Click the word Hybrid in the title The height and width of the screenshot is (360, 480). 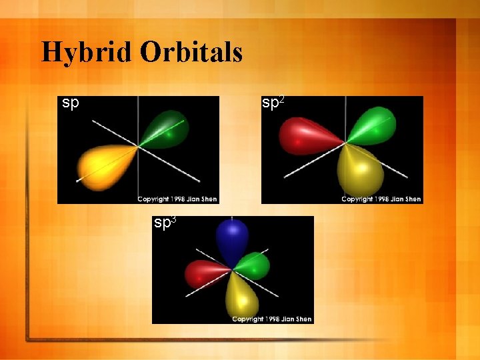(87, 52)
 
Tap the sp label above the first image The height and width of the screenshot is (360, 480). (71, 103)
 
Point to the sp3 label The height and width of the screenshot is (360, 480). (165, 223)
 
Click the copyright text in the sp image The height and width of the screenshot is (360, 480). (177, 199)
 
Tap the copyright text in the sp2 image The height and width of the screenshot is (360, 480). (381, 199)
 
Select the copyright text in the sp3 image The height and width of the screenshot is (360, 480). (271, 319)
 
